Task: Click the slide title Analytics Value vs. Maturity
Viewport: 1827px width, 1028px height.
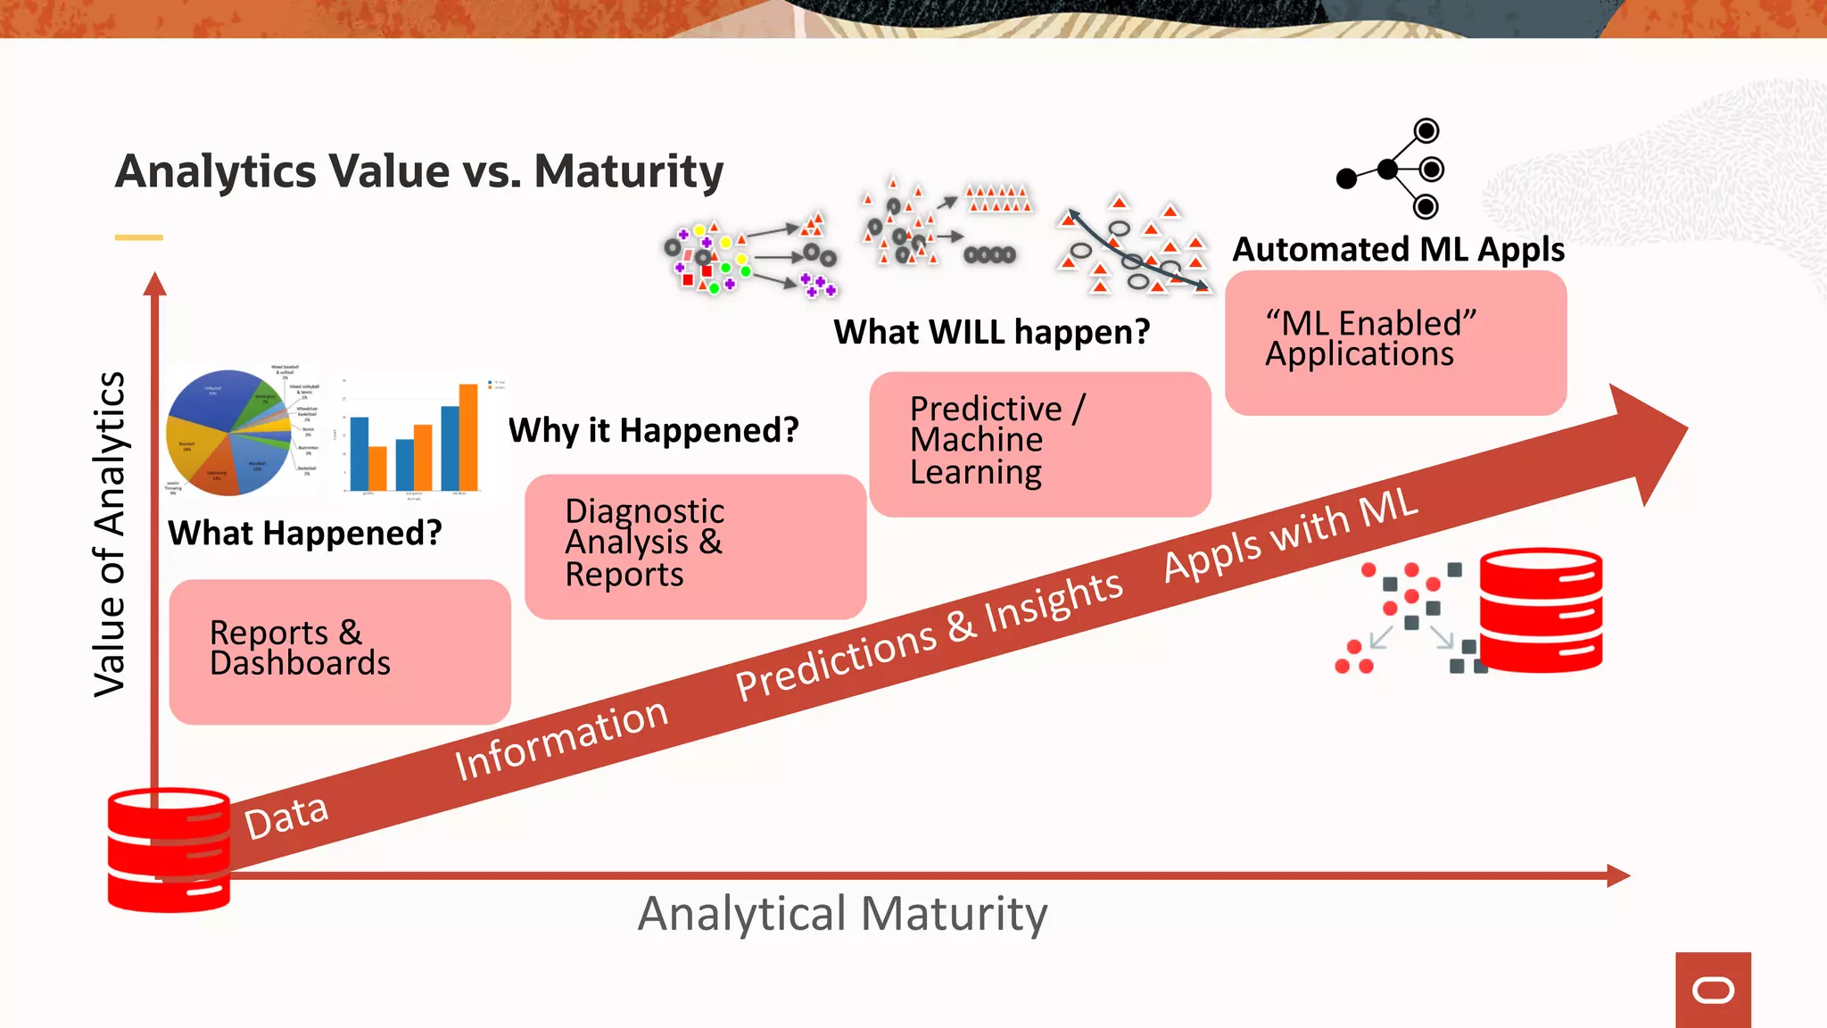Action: point(419,171)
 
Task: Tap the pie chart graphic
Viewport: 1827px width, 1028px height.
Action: point(230,432)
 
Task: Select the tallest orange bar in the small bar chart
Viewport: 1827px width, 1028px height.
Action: point(468,436)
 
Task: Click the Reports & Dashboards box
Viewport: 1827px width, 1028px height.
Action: point(339,651)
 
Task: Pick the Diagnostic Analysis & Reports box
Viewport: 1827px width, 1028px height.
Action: point(695,546)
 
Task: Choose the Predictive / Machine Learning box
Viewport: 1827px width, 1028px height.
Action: point(1039,444)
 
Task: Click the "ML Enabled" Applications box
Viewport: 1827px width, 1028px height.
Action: point(1395,343)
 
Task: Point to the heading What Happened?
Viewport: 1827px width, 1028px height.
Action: point(305,534)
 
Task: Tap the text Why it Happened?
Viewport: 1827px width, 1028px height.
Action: point(654,431)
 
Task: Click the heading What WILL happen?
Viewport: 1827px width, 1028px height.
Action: point(992,332)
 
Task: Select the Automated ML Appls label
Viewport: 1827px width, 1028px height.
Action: point(1398,249)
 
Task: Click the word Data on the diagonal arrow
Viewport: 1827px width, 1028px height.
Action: point(286,816)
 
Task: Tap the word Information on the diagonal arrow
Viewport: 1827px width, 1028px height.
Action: point(561,740)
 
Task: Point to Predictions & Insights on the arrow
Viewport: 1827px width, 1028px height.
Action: point(928,635)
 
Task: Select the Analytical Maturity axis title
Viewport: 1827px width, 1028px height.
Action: point(842,914)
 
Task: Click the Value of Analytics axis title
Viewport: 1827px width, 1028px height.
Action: point(111,534)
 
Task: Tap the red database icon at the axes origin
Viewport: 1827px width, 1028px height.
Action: point(169,850)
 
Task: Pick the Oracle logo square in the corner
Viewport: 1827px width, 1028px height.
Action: point(1713,990)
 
